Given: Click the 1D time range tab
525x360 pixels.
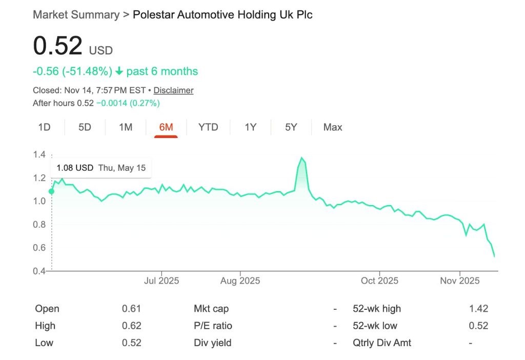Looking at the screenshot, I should click(44, 127).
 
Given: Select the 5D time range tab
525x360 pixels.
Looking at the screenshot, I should click(85, 127).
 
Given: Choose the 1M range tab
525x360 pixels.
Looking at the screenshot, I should click(126, 127).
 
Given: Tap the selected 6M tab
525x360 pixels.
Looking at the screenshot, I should click(166, 127).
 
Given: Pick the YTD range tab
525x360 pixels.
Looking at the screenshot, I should click(208, 127).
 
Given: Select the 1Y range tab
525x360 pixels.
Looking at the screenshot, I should click(250, 127).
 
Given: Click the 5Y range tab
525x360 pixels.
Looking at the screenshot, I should click(291, 127).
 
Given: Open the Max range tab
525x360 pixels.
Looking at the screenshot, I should click(333, 127).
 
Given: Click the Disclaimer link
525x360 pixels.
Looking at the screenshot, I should click(173, 90).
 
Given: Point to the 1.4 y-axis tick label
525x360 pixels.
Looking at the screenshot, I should click(39, 155).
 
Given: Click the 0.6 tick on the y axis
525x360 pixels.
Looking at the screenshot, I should click(39, 248).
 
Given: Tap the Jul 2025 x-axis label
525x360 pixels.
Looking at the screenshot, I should click(161, 281).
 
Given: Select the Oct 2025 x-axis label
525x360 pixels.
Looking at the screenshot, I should click(379, 281).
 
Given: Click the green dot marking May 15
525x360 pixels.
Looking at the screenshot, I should click(51, 191).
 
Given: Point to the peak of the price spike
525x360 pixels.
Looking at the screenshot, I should click(301, 157).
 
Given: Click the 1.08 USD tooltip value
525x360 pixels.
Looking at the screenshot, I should click(75, 168).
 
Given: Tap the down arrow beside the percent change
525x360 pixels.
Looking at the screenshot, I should click(119, 71).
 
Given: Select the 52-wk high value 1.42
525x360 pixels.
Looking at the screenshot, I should click(478, 309).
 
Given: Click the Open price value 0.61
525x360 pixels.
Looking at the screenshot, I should click(131, 309).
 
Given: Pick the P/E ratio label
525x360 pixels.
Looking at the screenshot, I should click(213, 326).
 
